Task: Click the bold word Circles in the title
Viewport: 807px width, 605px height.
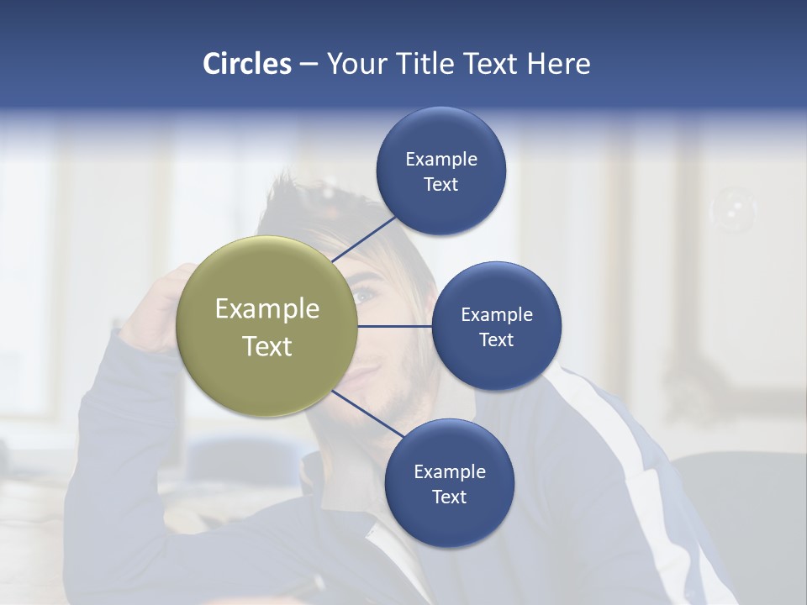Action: click(x=247, y=64)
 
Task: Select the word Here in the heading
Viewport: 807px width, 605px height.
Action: click(x=558, y=64)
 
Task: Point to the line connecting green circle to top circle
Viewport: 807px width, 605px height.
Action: click(x=364, y=239)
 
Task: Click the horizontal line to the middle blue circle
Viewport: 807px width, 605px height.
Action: click(x=395, y=326)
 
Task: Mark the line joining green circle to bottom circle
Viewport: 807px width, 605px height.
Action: click(x=367, y=413)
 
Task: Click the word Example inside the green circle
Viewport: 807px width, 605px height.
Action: click(x=267, y=309)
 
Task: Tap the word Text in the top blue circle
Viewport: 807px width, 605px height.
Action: click(x=441, y=185)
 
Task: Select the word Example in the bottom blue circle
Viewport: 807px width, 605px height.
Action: click(x=450, y=472)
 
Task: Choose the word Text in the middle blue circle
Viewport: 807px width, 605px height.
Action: click(x=497, y=340)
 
